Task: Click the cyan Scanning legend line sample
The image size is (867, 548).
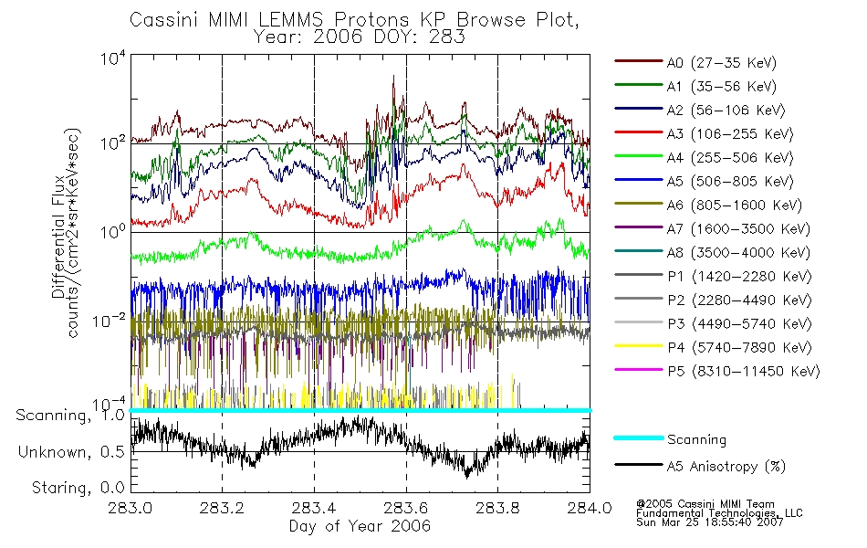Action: point(636,439)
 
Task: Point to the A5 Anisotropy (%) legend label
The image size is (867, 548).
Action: point(726,467)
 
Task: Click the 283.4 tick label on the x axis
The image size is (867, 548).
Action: point(314,508)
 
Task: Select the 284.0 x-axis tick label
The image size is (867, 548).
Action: point(590,508)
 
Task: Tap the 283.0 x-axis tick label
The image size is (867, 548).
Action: point(131,508)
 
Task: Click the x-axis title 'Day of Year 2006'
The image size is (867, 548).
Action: point(360,526)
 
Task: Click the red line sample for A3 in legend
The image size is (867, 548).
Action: point(636,134)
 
